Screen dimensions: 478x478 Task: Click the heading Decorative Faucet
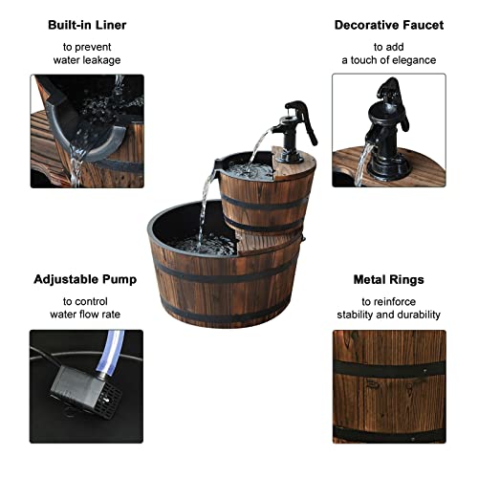(x=390, y=25)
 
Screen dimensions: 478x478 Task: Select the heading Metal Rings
(x=389, y=280)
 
